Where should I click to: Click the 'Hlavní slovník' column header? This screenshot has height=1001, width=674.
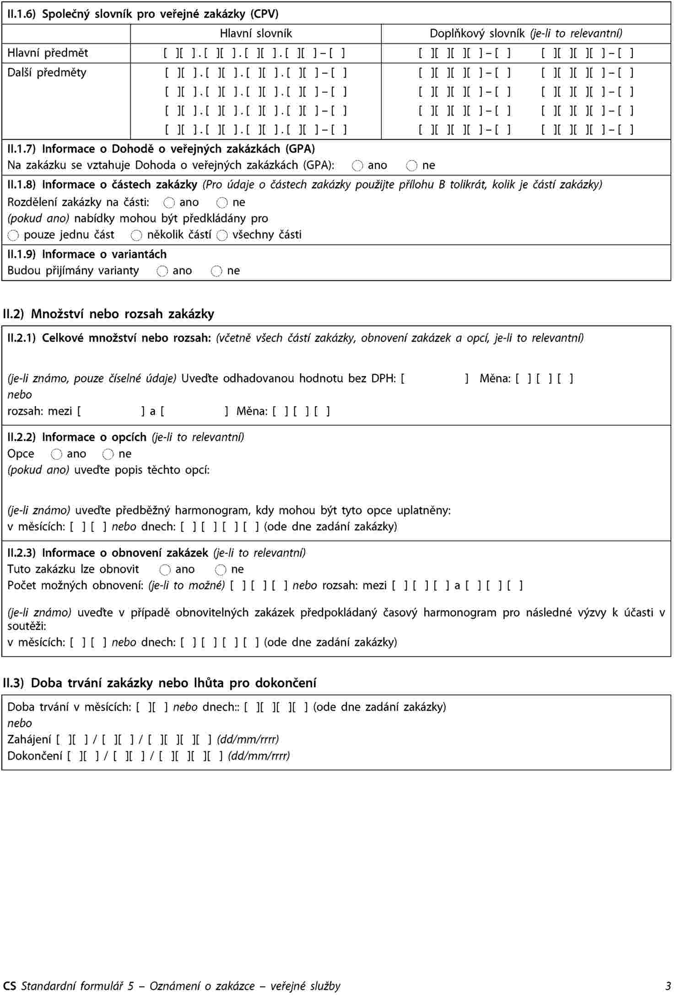[x=256, y=33]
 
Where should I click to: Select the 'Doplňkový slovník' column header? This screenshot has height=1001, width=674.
[x=526, y=33]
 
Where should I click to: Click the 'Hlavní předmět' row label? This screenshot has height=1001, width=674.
[x=48, y=53]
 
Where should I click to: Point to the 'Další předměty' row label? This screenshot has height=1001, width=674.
[x=47, y=73]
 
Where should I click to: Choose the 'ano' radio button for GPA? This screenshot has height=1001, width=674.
[x=357, y=166]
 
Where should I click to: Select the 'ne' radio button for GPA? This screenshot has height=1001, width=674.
[x=411, y=166]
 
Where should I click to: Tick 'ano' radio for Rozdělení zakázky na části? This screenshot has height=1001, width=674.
[x=169, y=203]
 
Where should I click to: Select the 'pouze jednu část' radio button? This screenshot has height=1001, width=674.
[x=13, y=236]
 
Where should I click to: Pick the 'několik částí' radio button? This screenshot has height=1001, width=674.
[x=136, y=236]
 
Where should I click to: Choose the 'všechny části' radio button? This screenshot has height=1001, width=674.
[x=222, y=236]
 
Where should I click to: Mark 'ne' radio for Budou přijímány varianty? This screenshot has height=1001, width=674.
[x=216, y=271]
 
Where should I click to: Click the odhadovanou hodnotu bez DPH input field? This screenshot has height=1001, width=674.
[x=434, y=379]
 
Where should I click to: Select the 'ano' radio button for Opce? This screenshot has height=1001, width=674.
[x=56, y=454]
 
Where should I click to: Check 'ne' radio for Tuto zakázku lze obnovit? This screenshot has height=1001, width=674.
[x=221, y=570]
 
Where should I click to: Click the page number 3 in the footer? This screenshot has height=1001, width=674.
[x=669, y=986]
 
